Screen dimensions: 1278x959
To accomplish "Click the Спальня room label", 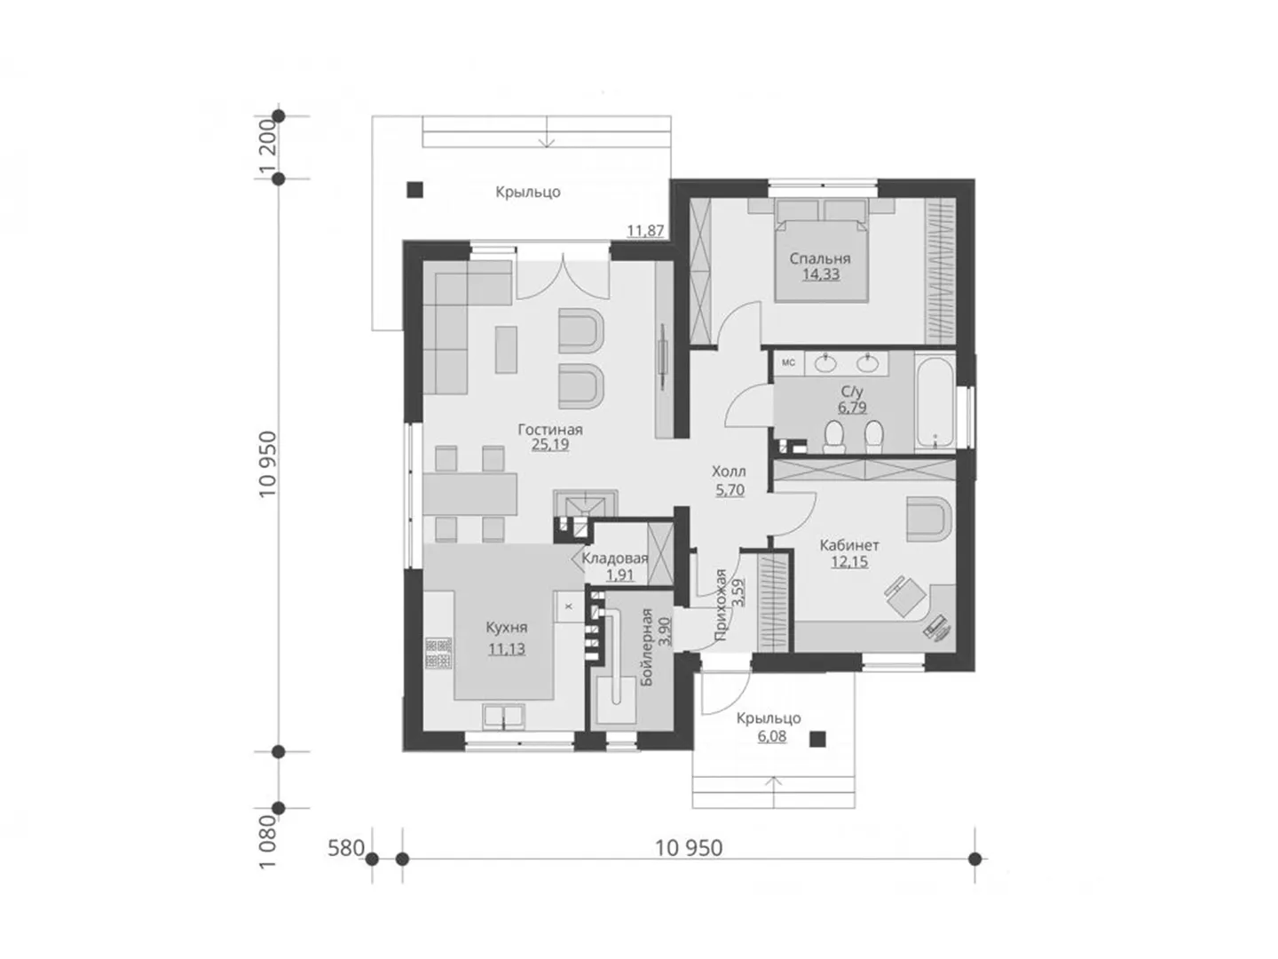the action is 819,258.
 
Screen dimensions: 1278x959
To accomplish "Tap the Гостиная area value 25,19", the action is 549,445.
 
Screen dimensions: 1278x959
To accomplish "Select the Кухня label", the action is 506,628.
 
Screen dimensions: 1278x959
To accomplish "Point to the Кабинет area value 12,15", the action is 849,562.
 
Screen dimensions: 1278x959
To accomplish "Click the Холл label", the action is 729,471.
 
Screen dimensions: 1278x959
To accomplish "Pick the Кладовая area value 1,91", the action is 619,575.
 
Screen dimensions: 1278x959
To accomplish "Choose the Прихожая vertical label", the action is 721,605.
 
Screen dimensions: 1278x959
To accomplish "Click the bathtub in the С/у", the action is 934,402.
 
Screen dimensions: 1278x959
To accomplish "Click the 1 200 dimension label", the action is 267,148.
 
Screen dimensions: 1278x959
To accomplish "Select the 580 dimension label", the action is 346,848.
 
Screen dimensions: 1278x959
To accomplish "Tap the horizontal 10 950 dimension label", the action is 689,848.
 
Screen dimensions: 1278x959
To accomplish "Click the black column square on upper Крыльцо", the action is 414,190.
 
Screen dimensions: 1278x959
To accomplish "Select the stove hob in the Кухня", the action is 438,653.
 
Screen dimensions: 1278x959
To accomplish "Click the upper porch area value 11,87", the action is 645,231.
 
